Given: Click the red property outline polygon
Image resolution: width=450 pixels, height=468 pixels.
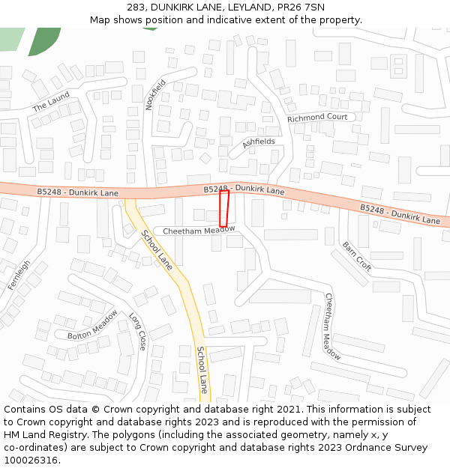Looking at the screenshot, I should [x=223, y=208].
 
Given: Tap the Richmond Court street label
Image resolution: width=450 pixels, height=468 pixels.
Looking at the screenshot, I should [x=317, y=118].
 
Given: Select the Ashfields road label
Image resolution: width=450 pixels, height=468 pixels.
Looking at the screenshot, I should [x=259, y=142].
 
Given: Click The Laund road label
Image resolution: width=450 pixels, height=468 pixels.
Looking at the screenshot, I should [x=51, y=102].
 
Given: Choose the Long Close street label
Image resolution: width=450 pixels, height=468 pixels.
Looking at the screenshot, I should [x=138, y=332].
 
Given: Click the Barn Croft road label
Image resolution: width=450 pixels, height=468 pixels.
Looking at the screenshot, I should [x=356, y=255].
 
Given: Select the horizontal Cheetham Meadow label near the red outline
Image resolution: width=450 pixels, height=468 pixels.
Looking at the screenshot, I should [x=199, y=231].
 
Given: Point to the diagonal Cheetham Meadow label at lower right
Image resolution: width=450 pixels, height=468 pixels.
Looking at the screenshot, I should [x=332, y=326].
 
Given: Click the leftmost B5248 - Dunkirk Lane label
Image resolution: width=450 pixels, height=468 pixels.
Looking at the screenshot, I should [x=78, y=192].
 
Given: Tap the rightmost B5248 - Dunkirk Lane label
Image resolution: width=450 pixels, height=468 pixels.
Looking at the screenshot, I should [x=400, y=214].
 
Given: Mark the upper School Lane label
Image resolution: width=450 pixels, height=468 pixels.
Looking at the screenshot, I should [x=156, y=250].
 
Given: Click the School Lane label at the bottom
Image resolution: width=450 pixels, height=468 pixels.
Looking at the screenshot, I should [x=202, y=370].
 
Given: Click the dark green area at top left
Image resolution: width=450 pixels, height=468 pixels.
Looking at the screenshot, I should [x=45, y=41].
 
